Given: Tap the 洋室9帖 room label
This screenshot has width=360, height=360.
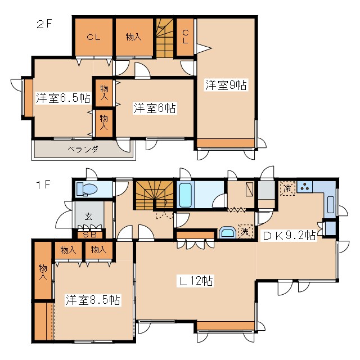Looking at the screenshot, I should pyautogui.click(x=226, y=85).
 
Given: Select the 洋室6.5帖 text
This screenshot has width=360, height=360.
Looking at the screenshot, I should pyautogui.click(x=62, y=97).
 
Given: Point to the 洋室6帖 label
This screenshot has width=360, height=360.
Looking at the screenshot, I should pyautogui.click(x=155, y=108).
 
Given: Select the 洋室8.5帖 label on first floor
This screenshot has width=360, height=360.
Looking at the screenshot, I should pyautogui.click(x=92, y=300).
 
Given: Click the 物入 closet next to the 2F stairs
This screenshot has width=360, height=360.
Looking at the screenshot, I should pyautogui.click(x=134, y=37).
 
